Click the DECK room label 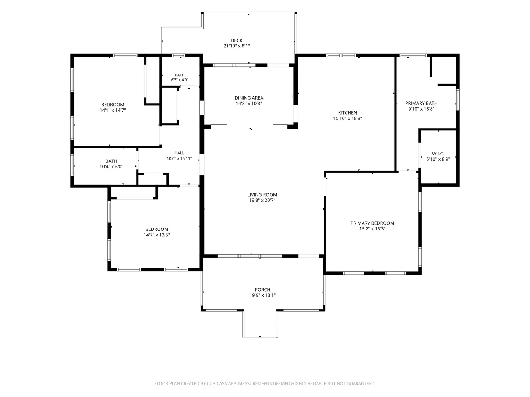tap(236, 40)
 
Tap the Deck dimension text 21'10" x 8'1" tap(236, 46)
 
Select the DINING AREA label tap(249, 98)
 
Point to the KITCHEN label tap(347, 113)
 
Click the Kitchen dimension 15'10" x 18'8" tap(347, 118)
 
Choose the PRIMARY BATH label tap(421, 103)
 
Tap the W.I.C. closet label tap(438, 154)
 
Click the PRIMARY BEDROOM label tap(372, 223)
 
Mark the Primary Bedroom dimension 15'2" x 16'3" tap(372, 229)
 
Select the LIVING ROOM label tap(262, 195)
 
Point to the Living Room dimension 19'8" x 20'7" tap(262, 200)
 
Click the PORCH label tap(262, 290)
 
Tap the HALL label tap(179, 153)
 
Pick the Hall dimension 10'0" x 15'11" tap(179, 158)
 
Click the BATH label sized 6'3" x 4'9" tap(179, 75)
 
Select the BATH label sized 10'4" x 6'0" tap(111, 161)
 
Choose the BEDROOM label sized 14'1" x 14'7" tap(113, 105)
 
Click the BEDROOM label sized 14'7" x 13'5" tap(156, 229)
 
